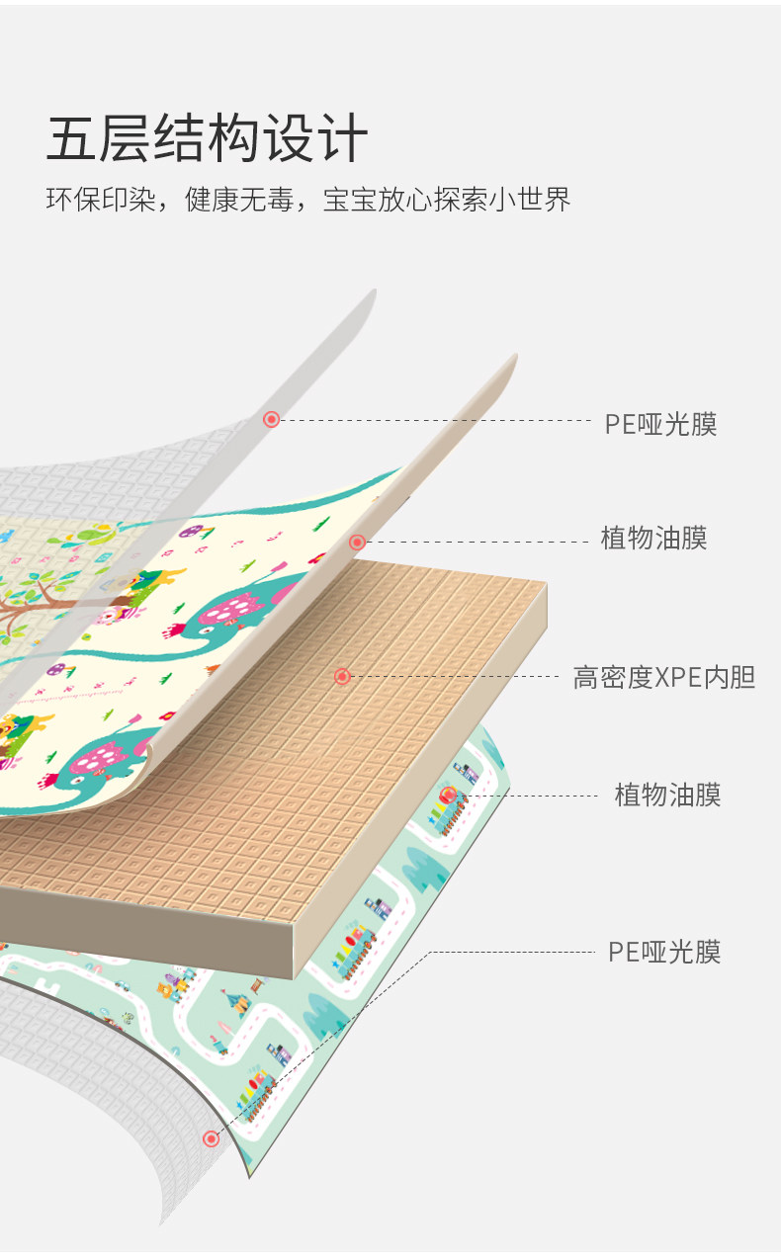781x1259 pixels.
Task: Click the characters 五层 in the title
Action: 98,138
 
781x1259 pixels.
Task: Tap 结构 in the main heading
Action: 206,138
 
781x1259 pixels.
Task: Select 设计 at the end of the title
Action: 314,138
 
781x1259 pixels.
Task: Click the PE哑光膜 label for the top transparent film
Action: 660,424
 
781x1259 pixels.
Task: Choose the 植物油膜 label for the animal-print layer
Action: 653,539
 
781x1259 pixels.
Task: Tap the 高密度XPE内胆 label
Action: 664,677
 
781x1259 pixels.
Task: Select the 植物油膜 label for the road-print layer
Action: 667,795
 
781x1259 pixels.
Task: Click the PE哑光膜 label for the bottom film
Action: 664,952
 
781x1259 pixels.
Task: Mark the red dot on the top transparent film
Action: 271,420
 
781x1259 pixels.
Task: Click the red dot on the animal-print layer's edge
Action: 357,542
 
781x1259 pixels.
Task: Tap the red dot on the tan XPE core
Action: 342,676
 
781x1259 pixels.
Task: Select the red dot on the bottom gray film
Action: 211,1138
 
